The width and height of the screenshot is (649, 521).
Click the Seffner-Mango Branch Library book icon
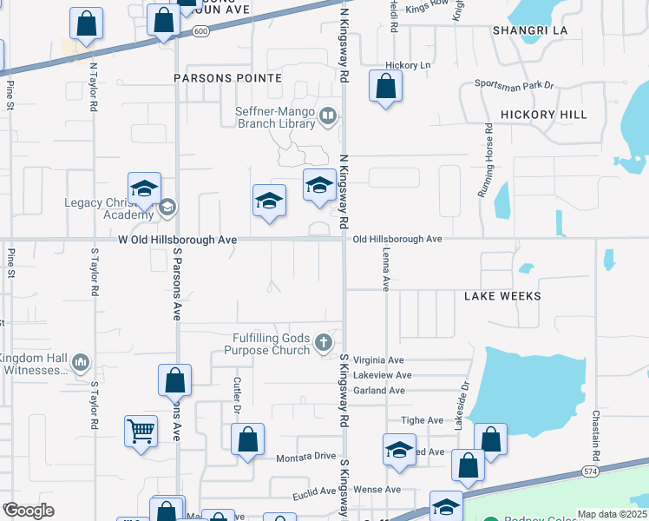coord(329,115)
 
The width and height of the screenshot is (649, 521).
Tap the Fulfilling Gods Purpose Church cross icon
coord(324,343)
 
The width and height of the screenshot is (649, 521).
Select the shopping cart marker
coord(141,430)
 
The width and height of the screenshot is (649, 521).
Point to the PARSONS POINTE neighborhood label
coord(228,78)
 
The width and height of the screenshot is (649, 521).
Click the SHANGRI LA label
coord(529,30)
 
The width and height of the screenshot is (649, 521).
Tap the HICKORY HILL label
coord(544,115)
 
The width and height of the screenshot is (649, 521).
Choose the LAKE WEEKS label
coord(502,296)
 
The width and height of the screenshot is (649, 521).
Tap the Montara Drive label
coord(305,457)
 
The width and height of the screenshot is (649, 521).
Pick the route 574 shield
coord(588,471)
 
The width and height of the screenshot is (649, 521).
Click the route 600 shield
coord(200,30)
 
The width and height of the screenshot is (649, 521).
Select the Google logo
coord(28,511)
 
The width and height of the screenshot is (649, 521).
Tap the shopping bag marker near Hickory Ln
coord(385,87)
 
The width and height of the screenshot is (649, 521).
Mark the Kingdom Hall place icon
coord(81,361)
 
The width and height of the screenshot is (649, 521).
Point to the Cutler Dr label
coord(236,395)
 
